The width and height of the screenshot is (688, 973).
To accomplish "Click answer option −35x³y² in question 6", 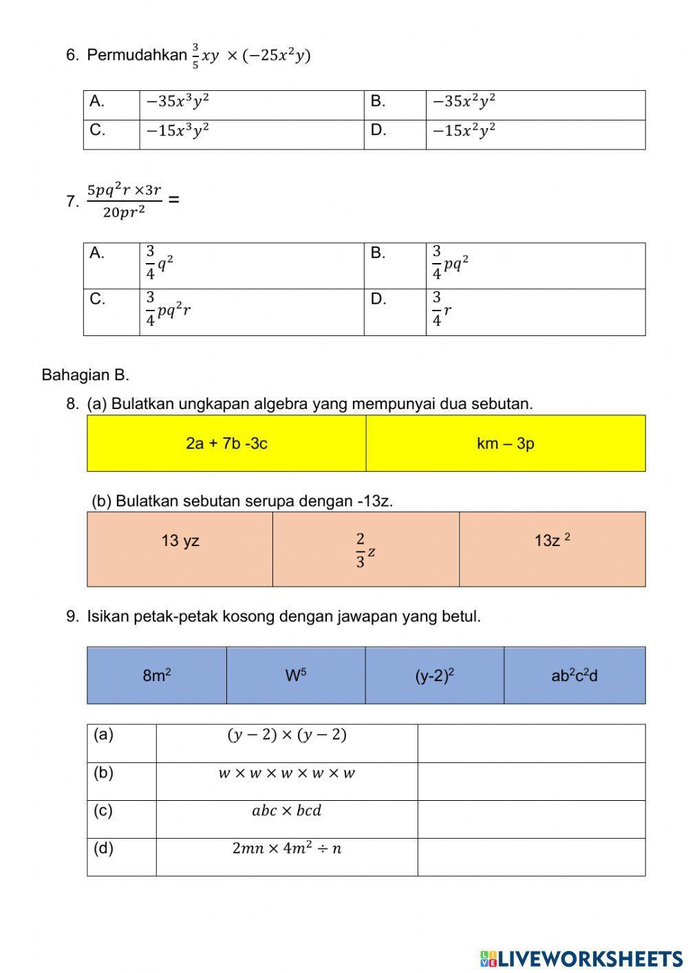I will coord(178,102).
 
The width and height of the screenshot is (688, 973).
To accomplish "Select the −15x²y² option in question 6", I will coord(464,131).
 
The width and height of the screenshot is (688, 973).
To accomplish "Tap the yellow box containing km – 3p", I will coord(506,443).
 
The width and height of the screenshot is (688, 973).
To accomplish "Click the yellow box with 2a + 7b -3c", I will coord(226,443).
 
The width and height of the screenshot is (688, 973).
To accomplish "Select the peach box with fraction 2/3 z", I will coord(365,550).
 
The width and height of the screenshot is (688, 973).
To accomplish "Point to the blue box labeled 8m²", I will coord(157,676).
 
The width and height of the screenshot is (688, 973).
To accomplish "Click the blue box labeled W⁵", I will coord(296,676).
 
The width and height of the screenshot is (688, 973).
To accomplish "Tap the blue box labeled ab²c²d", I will coord(574,676).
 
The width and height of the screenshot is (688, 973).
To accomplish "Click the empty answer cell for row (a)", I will coord(531,743).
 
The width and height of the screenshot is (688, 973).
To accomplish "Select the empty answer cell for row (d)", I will coord(531,857).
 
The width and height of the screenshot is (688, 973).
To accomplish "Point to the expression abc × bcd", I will coord(286,810).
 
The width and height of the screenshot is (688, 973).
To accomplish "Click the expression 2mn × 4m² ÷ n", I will coord(286,848).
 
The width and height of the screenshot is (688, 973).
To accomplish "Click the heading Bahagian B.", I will coord(85,375).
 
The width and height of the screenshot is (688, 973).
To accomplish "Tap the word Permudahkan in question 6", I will coord(137,55).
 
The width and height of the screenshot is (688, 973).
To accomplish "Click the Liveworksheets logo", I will coord(581,958).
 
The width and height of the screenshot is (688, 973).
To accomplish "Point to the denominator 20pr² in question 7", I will coord(124,212).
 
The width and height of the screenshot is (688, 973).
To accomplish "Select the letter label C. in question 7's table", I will coord(97,299).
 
